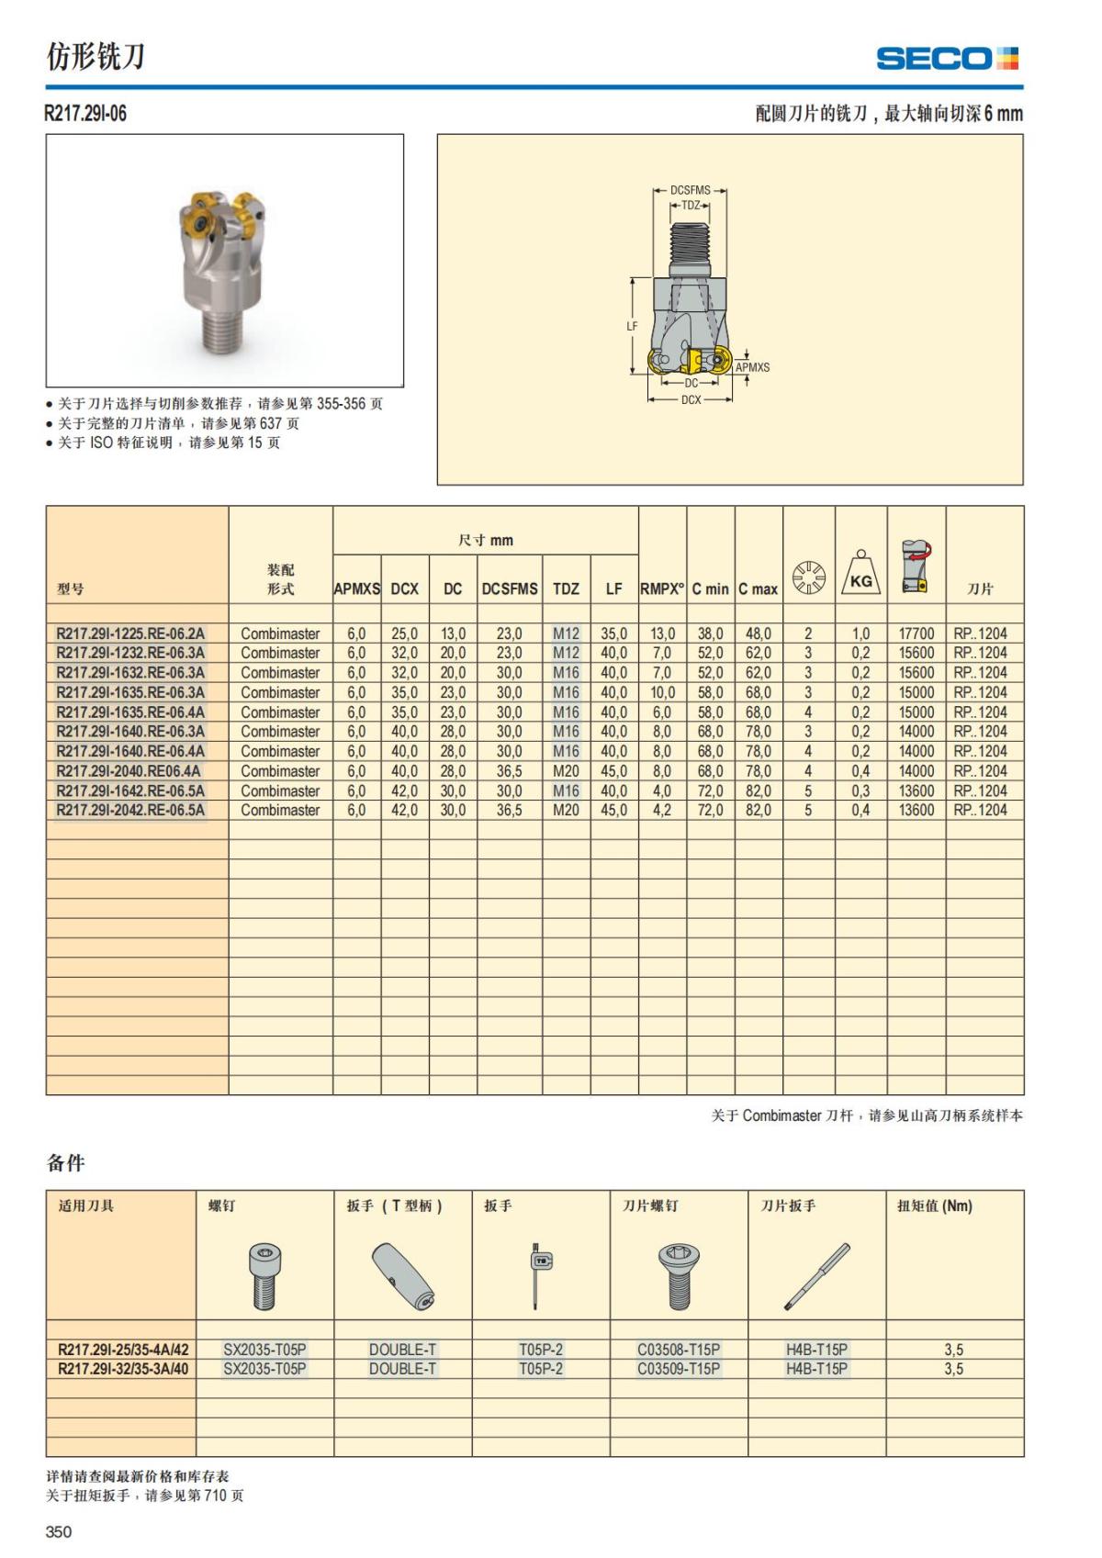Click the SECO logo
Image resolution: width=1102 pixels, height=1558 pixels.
(x=947, y=59)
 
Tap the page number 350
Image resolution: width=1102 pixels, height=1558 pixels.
(x=59, y=1531)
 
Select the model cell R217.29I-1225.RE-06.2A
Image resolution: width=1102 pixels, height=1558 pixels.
(x=130, y=633)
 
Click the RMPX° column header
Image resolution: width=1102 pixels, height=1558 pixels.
(x=662, y=588)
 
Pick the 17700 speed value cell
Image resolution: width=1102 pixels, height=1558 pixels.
(x=916, y=633)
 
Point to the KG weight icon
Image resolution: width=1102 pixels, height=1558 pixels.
(x=860, y=575)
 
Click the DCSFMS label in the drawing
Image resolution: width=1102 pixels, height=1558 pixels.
(x=690, y=191)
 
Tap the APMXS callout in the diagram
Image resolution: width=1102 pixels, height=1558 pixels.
(x=753, y=367)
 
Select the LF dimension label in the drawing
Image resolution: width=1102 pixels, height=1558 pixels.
(x=632, y=326)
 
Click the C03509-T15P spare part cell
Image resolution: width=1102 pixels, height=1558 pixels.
(x=679, y=1369)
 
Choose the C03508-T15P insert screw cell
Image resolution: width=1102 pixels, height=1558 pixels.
(x=679, y=1350)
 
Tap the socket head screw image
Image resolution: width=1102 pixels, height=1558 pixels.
(x=265, y=1275)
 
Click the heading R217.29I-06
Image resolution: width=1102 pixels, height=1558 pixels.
(x=86, y=114)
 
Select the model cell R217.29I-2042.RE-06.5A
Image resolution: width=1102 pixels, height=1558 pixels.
(x=130, y=810)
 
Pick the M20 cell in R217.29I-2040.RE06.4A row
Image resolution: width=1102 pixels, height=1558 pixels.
(x=566, y=771)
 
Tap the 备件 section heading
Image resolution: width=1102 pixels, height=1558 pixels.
(x=65, y=1163)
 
